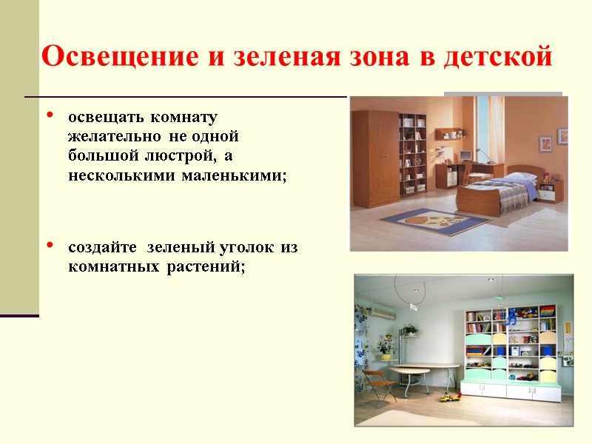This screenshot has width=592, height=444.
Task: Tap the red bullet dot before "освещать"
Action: point(50,115)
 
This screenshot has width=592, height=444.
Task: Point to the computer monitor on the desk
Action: point(465,155)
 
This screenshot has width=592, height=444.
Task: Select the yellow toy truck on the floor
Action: point(448,397)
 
